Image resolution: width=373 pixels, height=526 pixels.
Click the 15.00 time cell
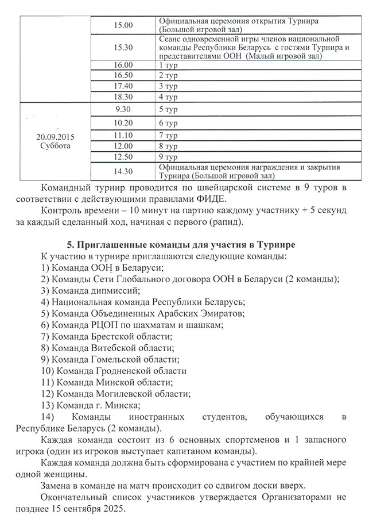coord(123,25)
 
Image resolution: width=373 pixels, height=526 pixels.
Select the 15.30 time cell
coord(123,47)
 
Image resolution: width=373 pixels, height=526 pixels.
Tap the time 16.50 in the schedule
coord(123,75)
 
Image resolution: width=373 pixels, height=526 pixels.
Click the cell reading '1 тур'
coord(168,65)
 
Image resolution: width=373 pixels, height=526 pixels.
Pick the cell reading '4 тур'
coord(168,97)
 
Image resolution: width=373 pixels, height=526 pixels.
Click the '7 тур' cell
coord(168,136)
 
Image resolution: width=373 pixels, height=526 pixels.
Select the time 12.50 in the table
coord(123,156)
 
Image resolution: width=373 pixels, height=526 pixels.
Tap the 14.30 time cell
coord(123,171)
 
